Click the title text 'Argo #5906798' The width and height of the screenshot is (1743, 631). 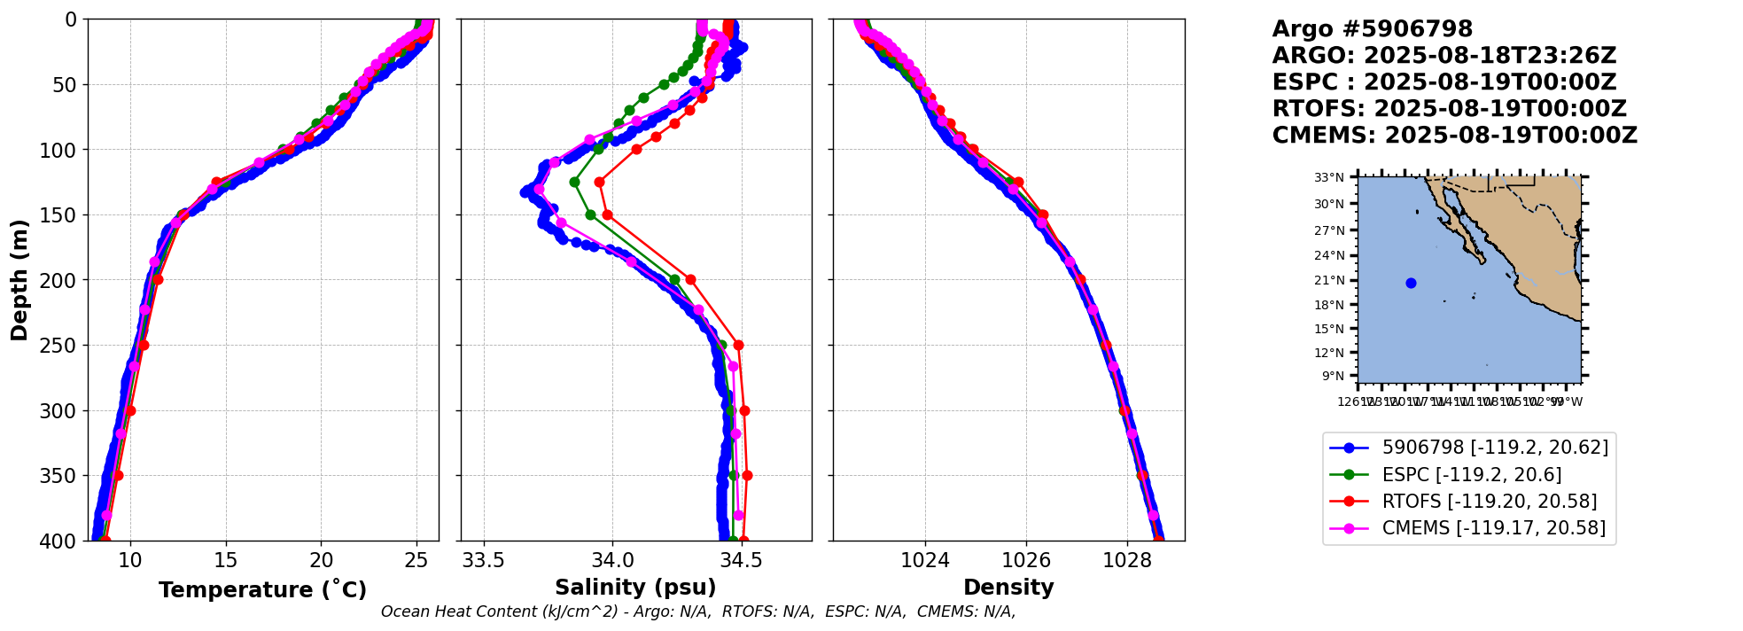(x=1372, y=29)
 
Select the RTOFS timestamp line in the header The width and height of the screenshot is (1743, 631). (x=1449, y=109)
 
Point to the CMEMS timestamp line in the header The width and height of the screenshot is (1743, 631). (x=1454, y=136)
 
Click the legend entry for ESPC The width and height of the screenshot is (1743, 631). (x=1471, y=475)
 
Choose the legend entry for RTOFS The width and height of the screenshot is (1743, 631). (x=1489, y=502)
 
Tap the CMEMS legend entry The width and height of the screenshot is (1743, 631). (x=1493, y=528)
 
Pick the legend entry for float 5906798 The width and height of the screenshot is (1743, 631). (x=1495, y=448)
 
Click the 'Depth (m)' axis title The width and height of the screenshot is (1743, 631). (x=19, y=280)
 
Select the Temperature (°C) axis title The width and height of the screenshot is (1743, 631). (x=262, y=590)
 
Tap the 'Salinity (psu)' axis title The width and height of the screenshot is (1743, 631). (x=635, y=588)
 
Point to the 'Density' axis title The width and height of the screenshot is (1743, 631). (x=1008, y=588)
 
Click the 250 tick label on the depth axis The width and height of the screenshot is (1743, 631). (x=63, y=346)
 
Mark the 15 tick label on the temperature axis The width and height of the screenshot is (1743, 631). (x=226, y=561)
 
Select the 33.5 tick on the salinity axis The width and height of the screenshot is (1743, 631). (x=484, y=561)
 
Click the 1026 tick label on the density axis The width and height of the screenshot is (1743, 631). (x=1026, y=561)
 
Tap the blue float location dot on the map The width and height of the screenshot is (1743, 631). (x=1411, y=284)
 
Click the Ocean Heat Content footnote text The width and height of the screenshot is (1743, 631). (x=698, y=612)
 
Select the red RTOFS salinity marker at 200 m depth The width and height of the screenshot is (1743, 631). (x=690, y=280)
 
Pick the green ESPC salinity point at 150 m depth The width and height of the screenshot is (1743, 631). (x=590, y=214)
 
